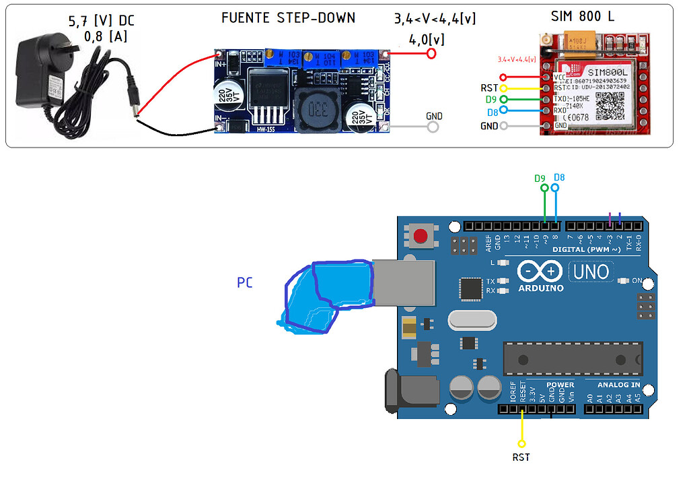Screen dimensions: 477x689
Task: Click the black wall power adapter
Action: [42, 71]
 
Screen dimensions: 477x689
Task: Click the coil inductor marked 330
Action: [318, 110]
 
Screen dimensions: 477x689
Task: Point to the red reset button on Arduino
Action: [421, 236]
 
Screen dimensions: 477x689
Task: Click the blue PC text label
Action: [245, 283]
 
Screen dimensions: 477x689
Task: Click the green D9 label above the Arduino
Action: [540, 179]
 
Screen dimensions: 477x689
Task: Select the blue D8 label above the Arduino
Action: [558, 178]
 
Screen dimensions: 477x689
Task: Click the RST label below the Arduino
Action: [521, 457]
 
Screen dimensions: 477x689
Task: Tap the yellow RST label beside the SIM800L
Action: [489, 88]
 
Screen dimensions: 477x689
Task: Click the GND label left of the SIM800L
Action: [489, 126]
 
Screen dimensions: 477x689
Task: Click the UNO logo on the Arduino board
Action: [591, 272]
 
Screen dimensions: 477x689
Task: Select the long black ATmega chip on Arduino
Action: [572, 357]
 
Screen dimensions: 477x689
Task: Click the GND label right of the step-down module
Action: [435, 116]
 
